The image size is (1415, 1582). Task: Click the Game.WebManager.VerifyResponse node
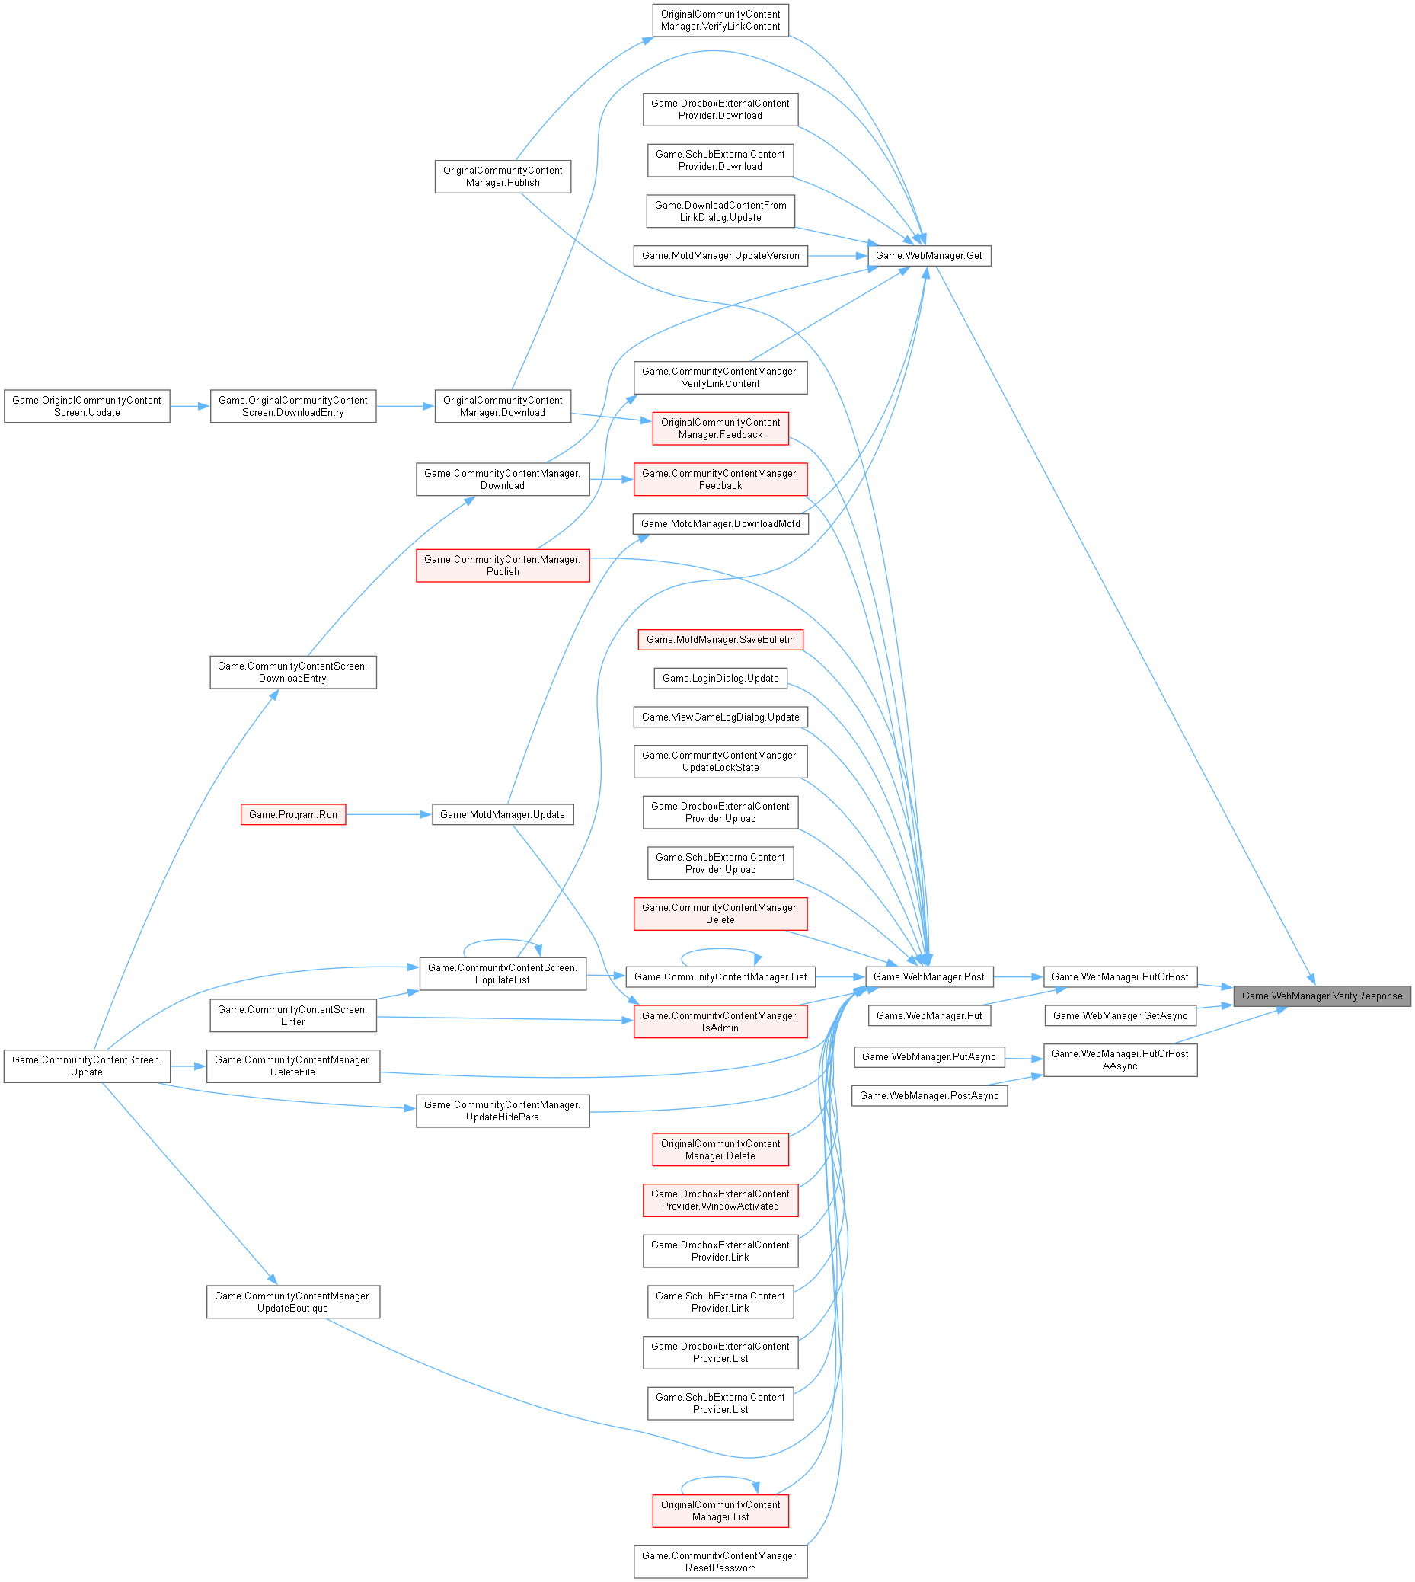pyautogui.click(x=1321, y=996)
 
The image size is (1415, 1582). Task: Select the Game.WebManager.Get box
pyautogui.click(x=928, y=256)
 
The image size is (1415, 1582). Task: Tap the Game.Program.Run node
pyautogui.click(x=293, y=814)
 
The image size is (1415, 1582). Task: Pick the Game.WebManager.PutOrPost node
pyautogui.click(x=1119, y=976)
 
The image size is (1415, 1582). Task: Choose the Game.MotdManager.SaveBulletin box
pyautogui.click(x=720, y=640)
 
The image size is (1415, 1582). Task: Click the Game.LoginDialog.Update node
pyautogui.click(x=720, y=678)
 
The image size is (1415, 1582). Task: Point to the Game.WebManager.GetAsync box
pyautogui.click(x=1119, y=1015)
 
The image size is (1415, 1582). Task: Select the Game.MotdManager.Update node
pyautogui.click(x=502, y=814)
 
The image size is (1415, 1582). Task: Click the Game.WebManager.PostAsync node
pyautogui.click(x=928, y=1095)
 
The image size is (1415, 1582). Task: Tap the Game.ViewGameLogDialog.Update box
pyautogui.click(x=720, y=717)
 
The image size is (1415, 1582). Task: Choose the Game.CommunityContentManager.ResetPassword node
pyautogui.click(x=720, y=1561)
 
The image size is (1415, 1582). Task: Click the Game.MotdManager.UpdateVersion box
pyautogui.click(x=720, y=256)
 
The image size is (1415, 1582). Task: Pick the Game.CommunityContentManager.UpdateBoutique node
pyautogui.click(x=293, y=1302)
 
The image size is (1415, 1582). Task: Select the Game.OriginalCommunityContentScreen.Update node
pyautogui.click(x=87, y=407)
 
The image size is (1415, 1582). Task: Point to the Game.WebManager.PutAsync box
pyautogui.click(x=928, y=1057)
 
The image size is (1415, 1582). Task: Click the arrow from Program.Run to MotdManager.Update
pyautogui.click(x=388, y=814)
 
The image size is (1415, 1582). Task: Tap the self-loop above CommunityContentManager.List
pyautogui.click(x=720, y=949)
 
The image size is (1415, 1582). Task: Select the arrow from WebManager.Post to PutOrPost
pyautogui.click(x=1017, y=976)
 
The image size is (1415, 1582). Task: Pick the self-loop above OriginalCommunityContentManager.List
pyautogui.click(x=720, y=1478)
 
